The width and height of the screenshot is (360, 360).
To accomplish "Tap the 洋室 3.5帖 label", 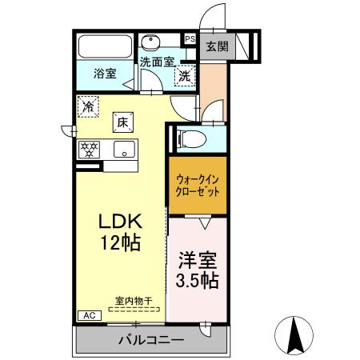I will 197,270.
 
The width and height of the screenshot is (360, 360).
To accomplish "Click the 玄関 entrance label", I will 216,46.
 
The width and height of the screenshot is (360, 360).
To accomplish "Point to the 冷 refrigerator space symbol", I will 88,104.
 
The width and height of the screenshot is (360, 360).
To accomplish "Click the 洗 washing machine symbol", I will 184,77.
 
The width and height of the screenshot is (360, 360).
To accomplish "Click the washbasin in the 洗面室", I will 150,42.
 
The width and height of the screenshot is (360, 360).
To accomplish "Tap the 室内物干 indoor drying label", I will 137,300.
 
